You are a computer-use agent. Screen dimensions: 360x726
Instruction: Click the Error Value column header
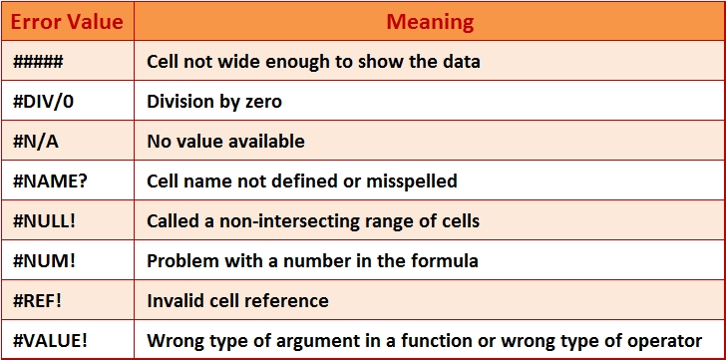click(67, 20)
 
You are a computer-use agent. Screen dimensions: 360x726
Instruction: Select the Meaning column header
click(430, 20)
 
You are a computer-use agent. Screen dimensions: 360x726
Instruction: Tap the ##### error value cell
click(39, 61)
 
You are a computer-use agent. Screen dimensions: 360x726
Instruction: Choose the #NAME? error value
click(46, 180)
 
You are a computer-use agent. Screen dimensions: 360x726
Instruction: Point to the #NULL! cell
click(45, 220)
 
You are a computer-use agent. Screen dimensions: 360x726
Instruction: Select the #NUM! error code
click(44, 260)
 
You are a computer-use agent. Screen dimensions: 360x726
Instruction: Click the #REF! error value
click(41, 299)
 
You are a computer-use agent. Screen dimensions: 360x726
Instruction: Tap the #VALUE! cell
click(51, 339)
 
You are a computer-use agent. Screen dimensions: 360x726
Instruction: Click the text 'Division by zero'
click(214, 101)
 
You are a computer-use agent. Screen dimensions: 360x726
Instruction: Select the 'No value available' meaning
click(225, 141)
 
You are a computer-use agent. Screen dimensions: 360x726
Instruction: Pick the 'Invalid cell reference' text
click(237, 299)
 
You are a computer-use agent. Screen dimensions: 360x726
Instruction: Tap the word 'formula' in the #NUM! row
click(447, 260)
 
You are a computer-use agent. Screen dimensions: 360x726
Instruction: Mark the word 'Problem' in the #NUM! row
click(181, 260)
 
